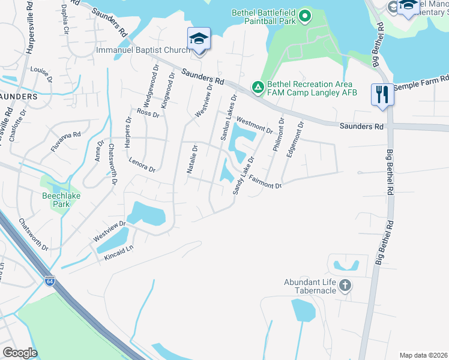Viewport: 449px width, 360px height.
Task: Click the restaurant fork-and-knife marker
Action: [x=382, y=94]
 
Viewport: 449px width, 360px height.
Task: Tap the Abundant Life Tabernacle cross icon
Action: [x=345, y=286]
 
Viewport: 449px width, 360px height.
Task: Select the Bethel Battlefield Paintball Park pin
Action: [x=305, y=16]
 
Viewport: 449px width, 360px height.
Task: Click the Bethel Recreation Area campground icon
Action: [x=258, y=88]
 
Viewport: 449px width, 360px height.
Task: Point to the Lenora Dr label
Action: [x=142, y=165]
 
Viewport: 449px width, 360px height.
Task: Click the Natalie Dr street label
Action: [x=191, y=160]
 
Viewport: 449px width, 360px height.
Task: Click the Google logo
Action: [x=20, y=353]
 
